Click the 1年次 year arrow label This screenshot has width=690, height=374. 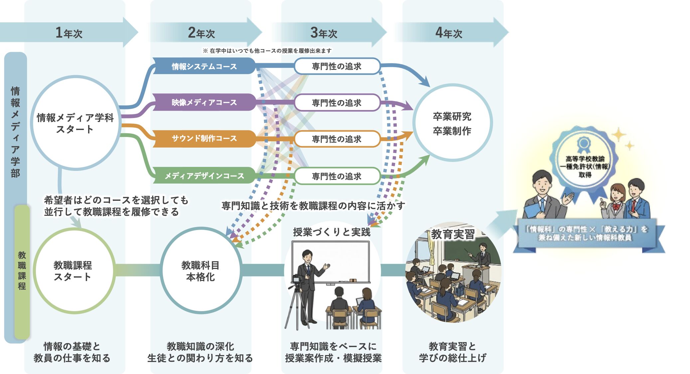click(69, 33)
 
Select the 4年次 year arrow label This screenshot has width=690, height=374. click(449, 33)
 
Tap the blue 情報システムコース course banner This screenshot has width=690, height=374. click(204, 66)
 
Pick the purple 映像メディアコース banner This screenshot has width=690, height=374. click(204, 102)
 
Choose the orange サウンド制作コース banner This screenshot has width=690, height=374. click(204, 138)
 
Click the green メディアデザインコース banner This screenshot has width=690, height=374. click(204, 176)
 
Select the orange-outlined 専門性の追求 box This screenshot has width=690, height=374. click(337, 139)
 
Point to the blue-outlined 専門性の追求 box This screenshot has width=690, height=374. click(337, 66)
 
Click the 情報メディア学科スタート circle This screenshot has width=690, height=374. click(75, 123)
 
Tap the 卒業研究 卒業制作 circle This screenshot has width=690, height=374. click(452, 123)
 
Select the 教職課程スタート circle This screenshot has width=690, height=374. click(73, 271)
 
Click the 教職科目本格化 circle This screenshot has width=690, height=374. click(201, 271)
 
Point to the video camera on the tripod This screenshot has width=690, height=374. click(298, 281)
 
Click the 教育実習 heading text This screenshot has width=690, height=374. click(453, 234)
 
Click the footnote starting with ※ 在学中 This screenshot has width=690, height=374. click(267, 51)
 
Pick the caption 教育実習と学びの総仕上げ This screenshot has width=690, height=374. click(452, 352)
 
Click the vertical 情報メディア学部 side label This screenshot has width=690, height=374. click(15, 132)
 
